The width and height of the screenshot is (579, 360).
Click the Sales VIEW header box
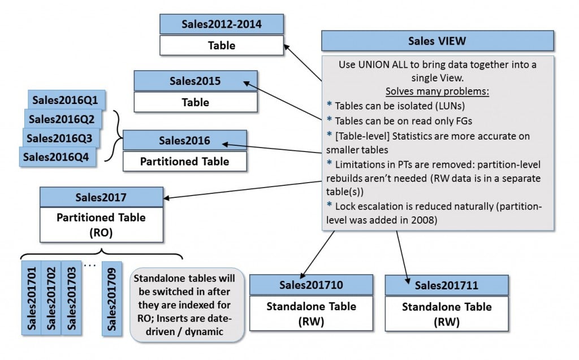point(437,41)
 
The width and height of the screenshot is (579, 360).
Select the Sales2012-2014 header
point(222,24)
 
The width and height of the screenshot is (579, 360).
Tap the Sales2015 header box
point(196,80)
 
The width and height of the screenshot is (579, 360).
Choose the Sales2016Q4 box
point(57,157)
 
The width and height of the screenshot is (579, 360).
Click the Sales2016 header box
point(184,140)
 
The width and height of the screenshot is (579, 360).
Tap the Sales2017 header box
point(101,197)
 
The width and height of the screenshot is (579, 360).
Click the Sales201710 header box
point(311,285)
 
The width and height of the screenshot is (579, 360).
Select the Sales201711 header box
point(447,285)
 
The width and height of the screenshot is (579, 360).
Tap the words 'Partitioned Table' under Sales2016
point(184,161)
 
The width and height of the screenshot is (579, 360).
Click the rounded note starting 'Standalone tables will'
point(187,305)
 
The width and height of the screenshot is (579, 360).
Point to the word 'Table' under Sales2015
point(196,102)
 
